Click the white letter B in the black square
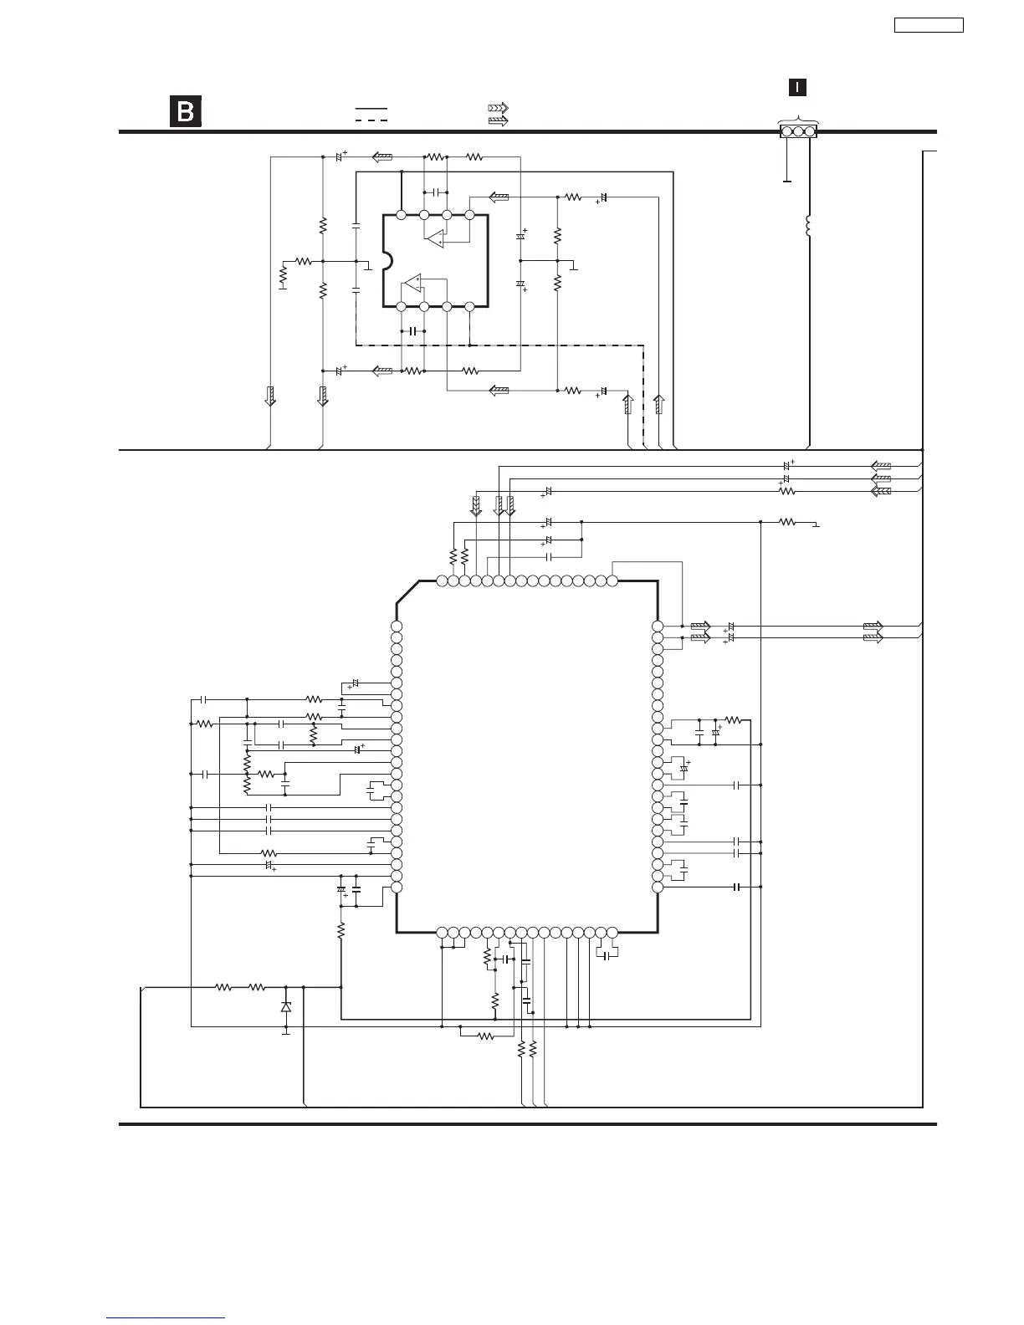pos(186,111)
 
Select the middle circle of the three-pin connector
pos(798,131)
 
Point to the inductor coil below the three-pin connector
pos(808,226)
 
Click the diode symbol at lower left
pos(286,1007)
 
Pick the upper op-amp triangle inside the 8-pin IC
pos(434,239)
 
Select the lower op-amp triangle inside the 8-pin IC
pos(412,284)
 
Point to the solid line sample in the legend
pos(371,109)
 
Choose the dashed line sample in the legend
pos(371,120)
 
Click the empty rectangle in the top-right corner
pos(929,25)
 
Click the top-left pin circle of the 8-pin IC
pos(402,216)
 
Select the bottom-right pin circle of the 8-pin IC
pos(469,307)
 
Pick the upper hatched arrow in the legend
pos(498,109)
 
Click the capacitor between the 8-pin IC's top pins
pos(436,192)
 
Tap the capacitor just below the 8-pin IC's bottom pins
pos(413,330)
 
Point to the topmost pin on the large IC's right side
pos(658,627)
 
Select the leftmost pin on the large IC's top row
pos(442,581)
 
